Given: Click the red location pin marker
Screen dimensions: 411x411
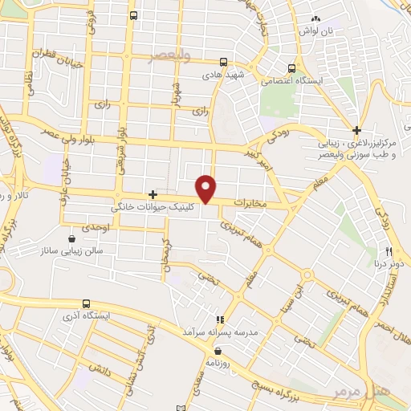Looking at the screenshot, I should coord(206,188).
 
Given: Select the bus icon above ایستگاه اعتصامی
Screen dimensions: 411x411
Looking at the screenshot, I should coord(292,68).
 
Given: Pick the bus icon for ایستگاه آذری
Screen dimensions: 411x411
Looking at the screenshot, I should coord(86,303).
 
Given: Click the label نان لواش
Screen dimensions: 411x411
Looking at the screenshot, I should coord(315,30).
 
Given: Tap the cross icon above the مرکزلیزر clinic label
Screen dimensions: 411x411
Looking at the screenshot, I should coord(357,130).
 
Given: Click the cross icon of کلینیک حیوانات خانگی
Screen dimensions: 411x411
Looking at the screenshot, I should coord(153,195).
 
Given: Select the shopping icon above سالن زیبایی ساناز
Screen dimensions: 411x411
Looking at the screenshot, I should coord(72,238).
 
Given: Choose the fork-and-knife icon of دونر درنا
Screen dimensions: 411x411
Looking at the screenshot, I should coord(389,251).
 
